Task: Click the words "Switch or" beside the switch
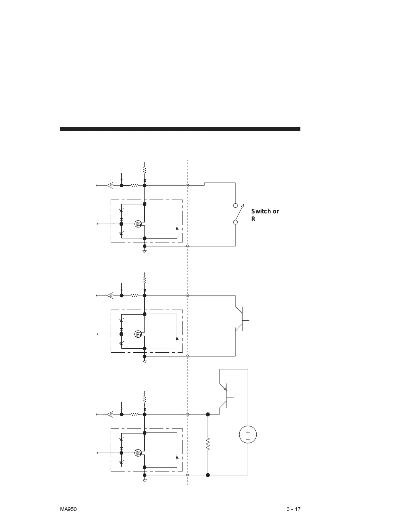(265, 211)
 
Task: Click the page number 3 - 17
(293, 509)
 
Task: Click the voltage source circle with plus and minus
(248, 435)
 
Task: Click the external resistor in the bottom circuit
(208, 444)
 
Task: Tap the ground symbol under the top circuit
(145, 251)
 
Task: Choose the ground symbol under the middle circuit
(145, 362)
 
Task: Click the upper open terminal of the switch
(236, 206)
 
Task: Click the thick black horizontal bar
(180, 129)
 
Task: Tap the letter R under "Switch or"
(253, 219)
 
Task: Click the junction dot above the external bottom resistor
(208, 414)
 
